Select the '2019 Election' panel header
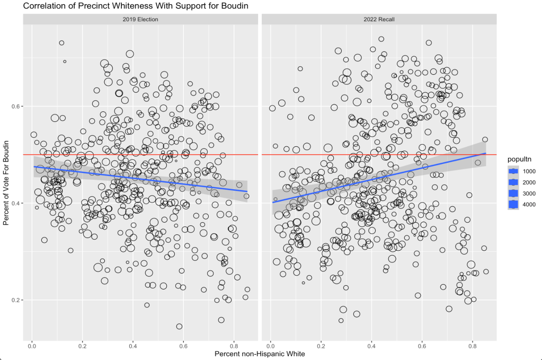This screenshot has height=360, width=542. (140, 19)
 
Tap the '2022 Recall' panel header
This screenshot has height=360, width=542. (379, 19)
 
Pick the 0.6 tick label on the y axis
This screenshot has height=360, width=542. (15, 106)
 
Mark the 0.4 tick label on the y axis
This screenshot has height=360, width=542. (15, 203)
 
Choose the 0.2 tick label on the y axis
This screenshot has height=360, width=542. (15, 300)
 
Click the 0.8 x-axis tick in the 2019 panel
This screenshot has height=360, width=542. (234, 345)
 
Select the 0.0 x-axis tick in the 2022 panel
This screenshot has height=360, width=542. (270, 345)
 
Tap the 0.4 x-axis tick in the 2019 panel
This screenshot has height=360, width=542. (133, 345)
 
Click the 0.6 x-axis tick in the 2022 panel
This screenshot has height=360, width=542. (422, 345)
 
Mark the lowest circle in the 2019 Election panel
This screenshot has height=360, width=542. (179, 327)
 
